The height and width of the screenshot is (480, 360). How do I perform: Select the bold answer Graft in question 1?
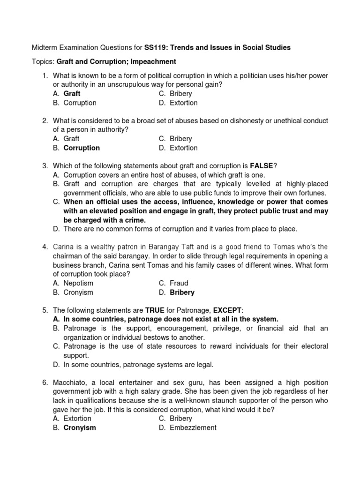pyautogui.click(x=72, y=94)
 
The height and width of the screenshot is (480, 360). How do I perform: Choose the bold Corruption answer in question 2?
pyautogui.click(x=82, y=148)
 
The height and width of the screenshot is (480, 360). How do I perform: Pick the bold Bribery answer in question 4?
pyautogui.click(x=182, y=292)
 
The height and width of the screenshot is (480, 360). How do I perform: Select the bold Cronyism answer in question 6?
pyautogui.click(x=80, y=427)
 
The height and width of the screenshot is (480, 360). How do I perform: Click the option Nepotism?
pyautogui.click(x=78, y=283)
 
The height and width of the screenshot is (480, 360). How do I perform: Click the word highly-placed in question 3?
pyautogui.click(x=306, y=184)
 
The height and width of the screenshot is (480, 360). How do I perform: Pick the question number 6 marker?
pyautogui.click(x=45, y=382)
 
